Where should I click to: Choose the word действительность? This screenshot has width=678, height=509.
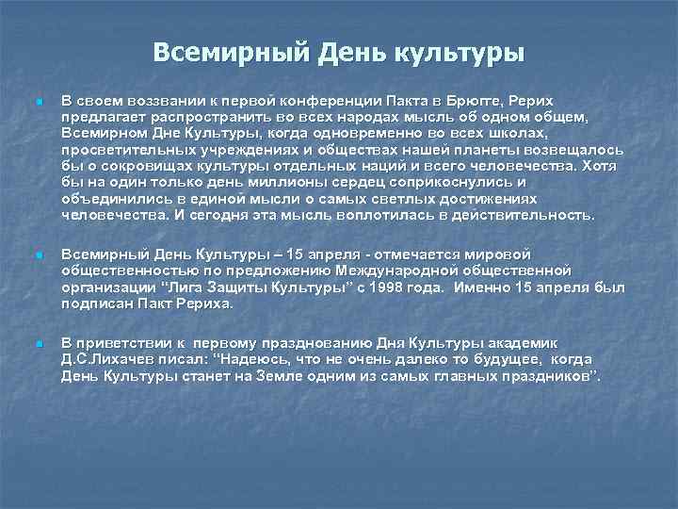coord(517,214)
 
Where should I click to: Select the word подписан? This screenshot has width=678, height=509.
coord(100,304)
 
